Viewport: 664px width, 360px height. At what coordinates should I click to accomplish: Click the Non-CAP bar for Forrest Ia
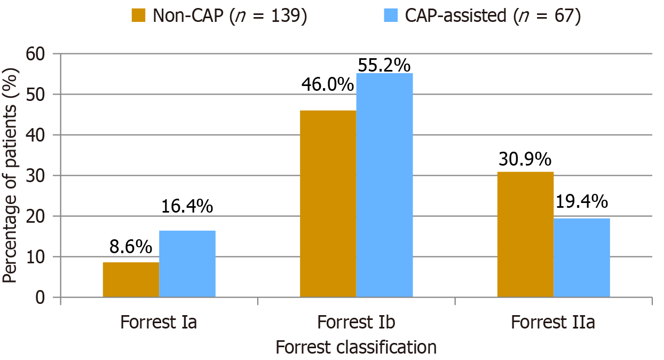(x=131, y=279)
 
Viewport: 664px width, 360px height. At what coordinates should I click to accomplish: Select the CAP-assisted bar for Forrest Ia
(x=187, y=264)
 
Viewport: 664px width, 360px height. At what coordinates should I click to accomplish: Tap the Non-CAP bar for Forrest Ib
(x=328, y=204)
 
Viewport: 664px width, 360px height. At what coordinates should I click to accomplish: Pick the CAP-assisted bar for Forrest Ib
(x=384, y=185)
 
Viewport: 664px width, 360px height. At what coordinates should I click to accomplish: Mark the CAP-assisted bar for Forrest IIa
(x=582, y=257)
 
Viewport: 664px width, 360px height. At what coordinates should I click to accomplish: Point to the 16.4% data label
(x=187, y=206)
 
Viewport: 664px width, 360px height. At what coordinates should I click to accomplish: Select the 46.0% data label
(x=328, y=84)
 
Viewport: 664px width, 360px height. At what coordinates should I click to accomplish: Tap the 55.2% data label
(x=384, y=66)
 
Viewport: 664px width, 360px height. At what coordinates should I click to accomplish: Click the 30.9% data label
(x=525, y=159)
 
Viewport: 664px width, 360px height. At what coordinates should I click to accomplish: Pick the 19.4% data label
(x=582, y=201)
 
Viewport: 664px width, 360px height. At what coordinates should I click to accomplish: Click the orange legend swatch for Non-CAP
(x=139, y=16)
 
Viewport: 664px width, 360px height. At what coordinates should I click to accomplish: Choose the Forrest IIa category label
(x=553, y=323)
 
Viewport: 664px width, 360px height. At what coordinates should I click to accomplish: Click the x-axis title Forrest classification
(x=356, y=348)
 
